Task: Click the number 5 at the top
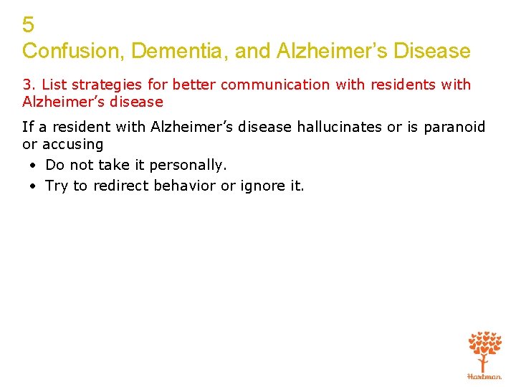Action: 28,26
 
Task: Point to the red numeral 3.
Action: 27,85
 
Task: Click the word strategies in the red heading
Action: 100,85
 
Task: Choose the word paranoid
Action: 454,128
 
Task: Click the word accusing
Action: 72,145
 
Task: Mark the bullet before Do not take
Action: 34,166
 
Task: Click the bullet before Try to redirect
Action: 34,186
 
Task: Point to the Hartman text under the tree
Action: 484,376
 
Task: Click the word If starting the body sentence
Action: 27,128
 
